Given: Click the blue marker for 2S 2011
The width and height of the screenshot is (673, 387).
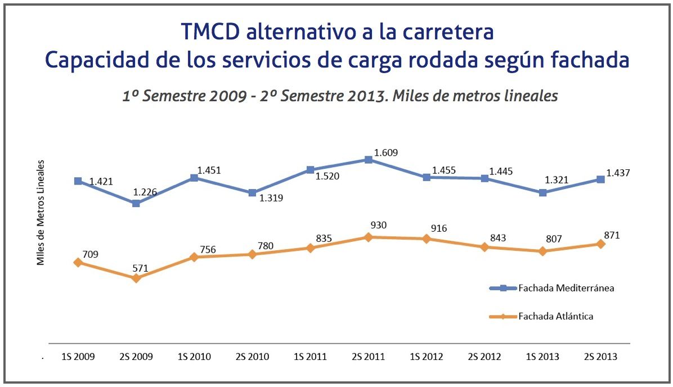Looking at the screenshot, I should [369, 160].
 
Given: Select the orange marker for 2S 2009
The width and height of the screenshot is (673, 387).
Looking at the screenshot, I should [136, 278].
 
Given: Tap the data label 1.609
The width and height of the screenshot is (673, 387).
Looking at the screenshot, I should [385, 152].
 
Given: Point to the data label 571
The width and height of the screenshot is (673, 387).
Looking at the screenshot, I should [140, 268].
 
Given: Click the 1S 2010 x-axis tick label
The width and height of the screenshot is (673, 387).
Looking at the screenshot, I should [194, 357].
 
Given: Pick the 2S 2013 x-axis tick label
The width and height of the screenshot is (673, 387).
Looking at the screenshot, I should [600, 357].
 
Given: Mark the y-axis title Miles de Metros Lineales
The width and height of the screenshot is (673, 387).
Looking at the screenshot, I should [41, 213].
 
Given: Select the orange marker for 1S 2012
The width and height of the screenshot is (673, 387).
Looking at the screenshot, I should [427, 238].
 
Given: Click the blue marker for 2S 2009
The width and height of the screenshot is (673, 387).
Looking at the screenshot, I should [136, 203].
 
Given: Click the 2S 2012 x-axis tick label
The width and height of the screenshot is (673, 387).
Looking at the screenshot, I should [484, 357].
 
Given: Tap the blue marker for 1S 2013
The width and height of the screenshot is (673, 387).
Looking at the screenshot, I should [542, 192].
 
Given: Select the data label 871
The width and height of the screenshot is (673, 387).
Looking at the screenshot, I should [611, 236].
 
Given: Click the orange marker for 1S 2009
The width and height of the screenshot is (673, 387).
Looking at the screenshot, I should [78, 262].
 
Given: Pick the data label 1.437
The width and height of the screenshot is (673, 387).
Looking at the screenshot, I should [618, 173].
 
